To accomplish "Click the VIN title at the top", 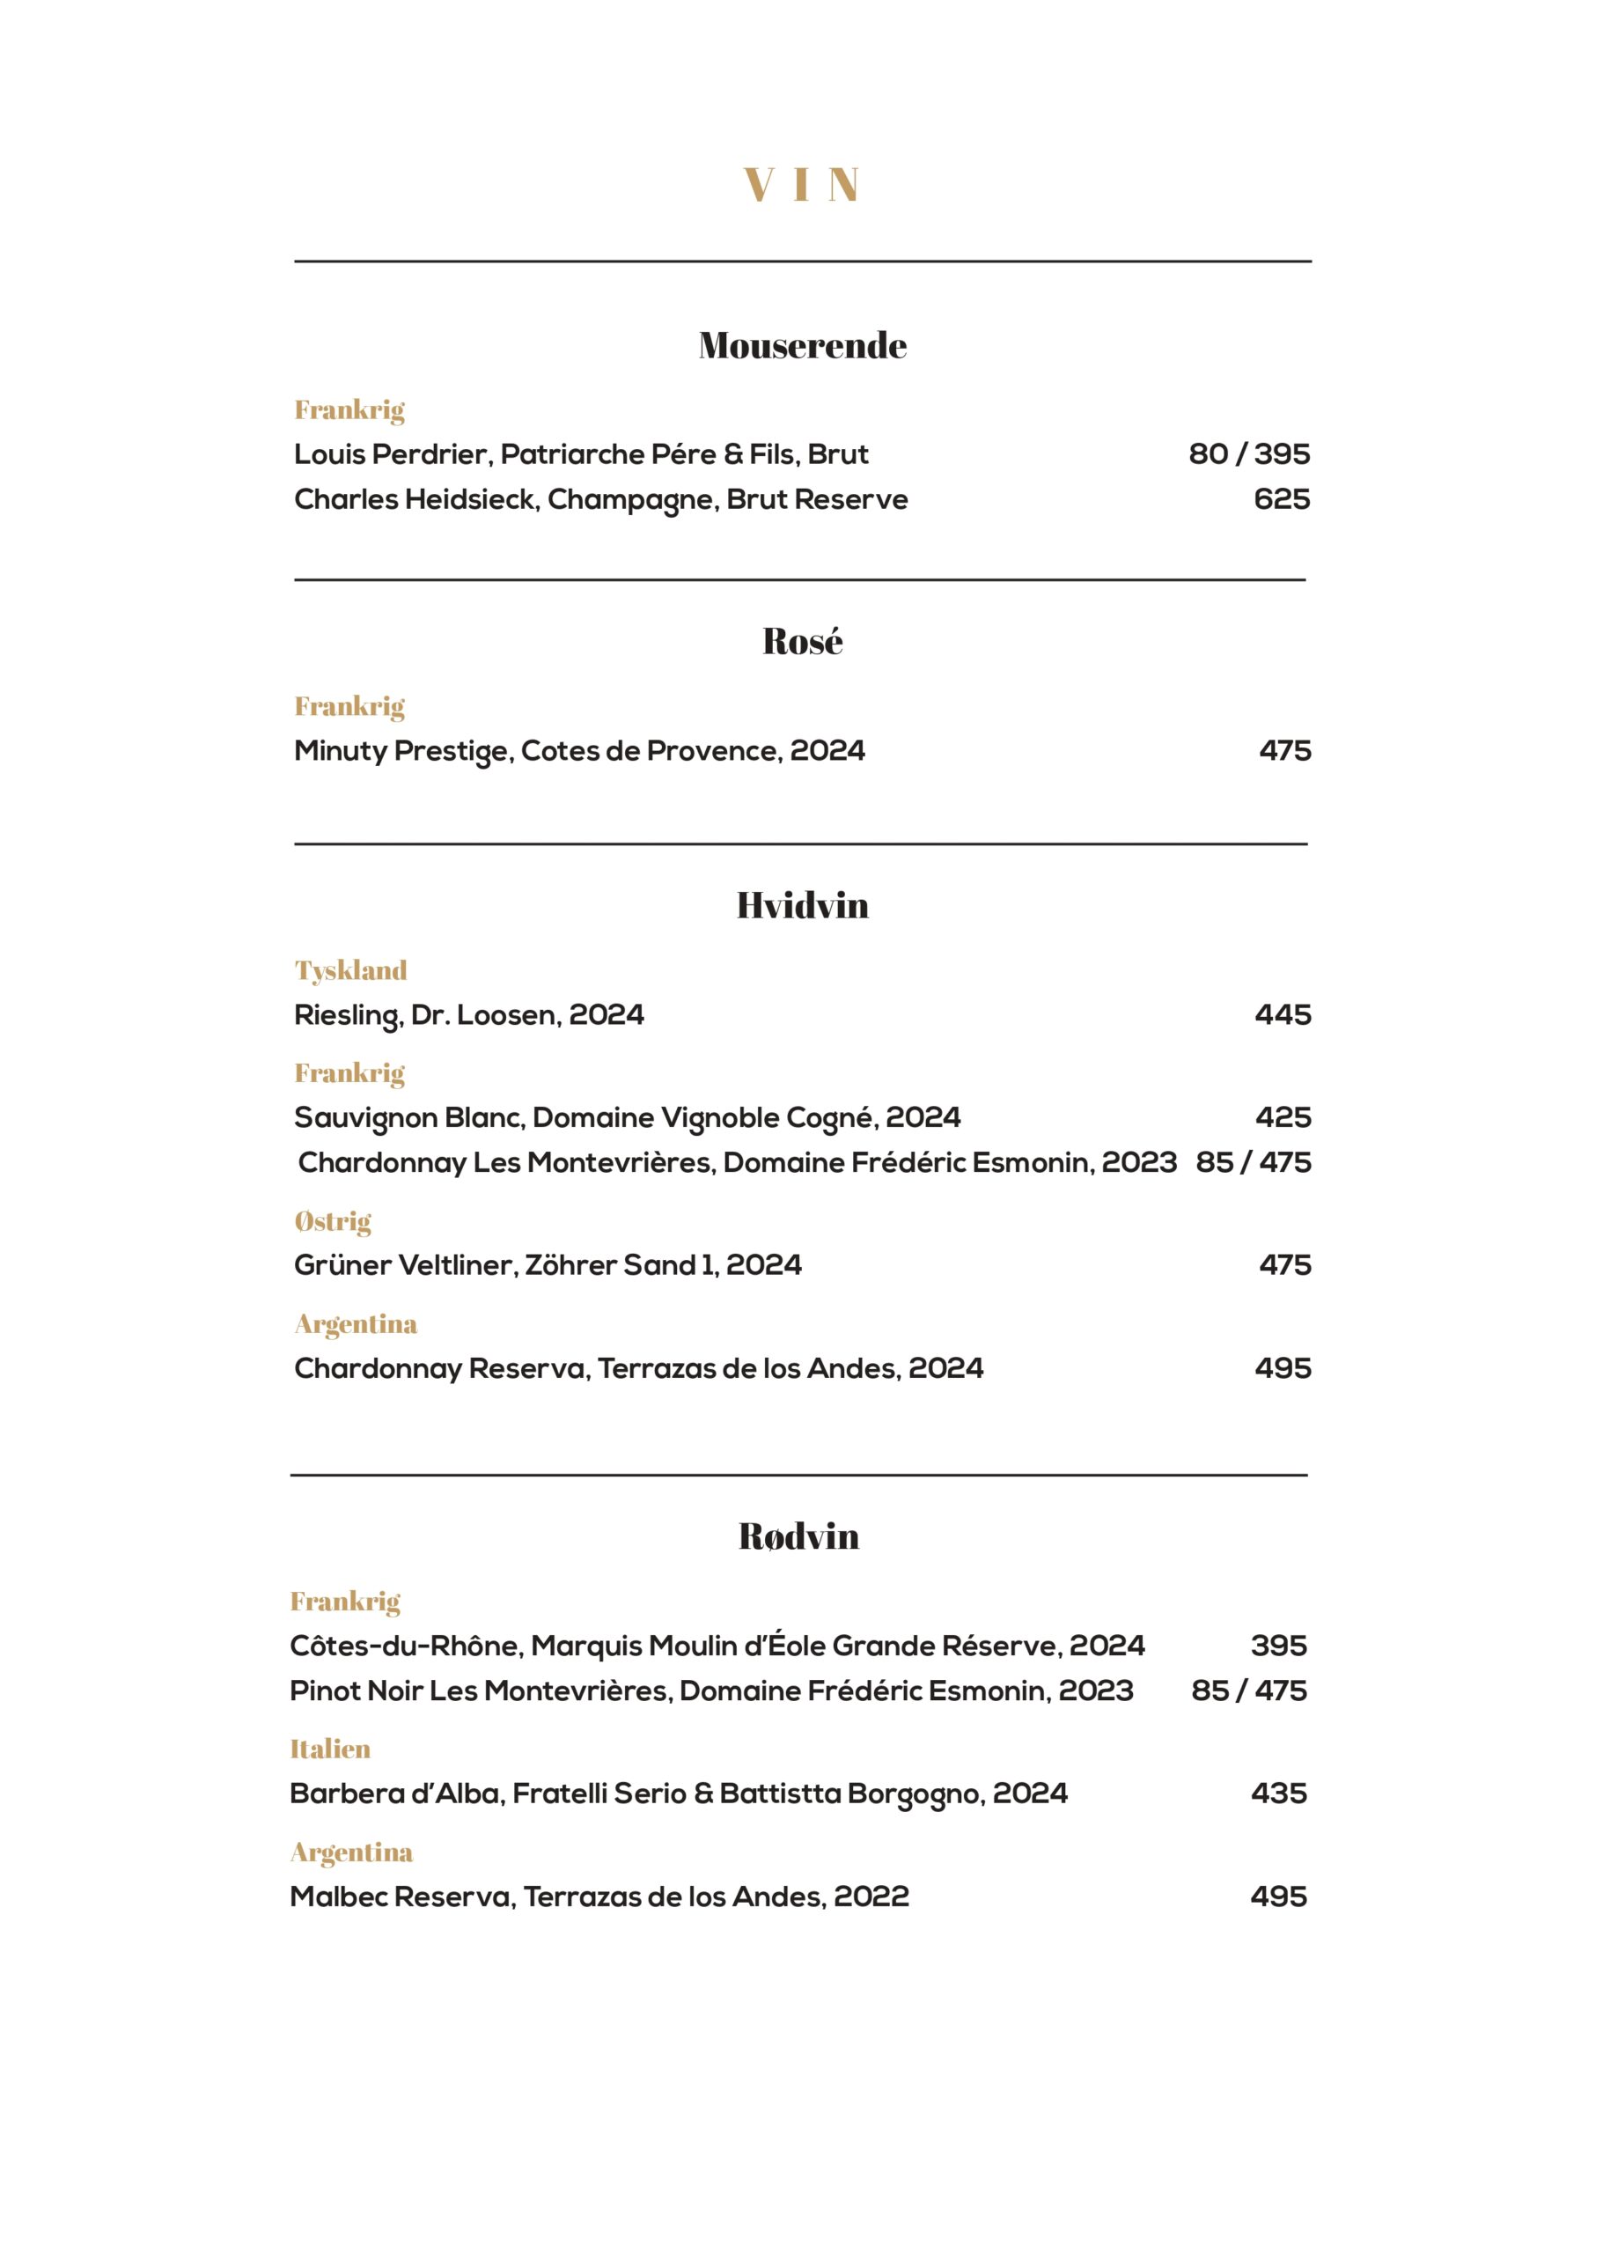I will pyautogui.click(x=801, y=185).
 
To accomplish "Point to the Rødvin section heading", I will pyautogui.click(x=798, y=1536).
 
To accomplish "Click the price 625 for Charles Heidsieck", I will pyautogui.click(x=1281, y=499).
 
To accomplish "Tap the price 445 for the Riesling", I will pyautogui.click(x=1283, y=1015).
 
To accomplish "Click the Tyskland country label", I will pyautogui.click(x=350, y=970).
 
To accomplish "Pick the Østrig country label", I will pyautogui.click(x=333, y=1221).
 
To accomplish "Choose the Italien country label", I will pyautogui.click(x=330, y=1749).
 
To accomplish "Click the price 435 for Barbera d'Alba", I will pyautogui.click(x=1278, y=1793).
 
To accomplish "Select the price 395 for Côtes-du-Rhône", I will pyautogui.click(x=1278, y=1646).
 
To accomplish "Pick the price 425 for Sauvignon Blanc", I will pyautogui.click(x=1283, y=1117).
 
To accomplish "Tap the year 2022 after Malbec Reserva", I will pyautogui.click(x=871, y=1897).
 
